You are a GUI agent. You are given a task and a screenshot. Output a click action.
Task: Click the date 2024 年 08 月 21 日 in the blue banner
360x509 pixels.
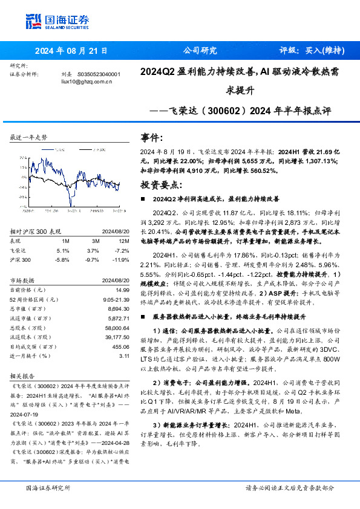click(x=71, y=51)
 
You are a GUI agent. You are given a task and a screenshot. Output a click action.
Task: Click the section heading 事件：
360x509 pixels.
click(x=151, y=137)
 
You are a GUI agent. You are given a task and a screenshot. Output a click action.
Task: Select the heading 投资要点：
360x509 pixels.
click(x=160, y=184)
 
